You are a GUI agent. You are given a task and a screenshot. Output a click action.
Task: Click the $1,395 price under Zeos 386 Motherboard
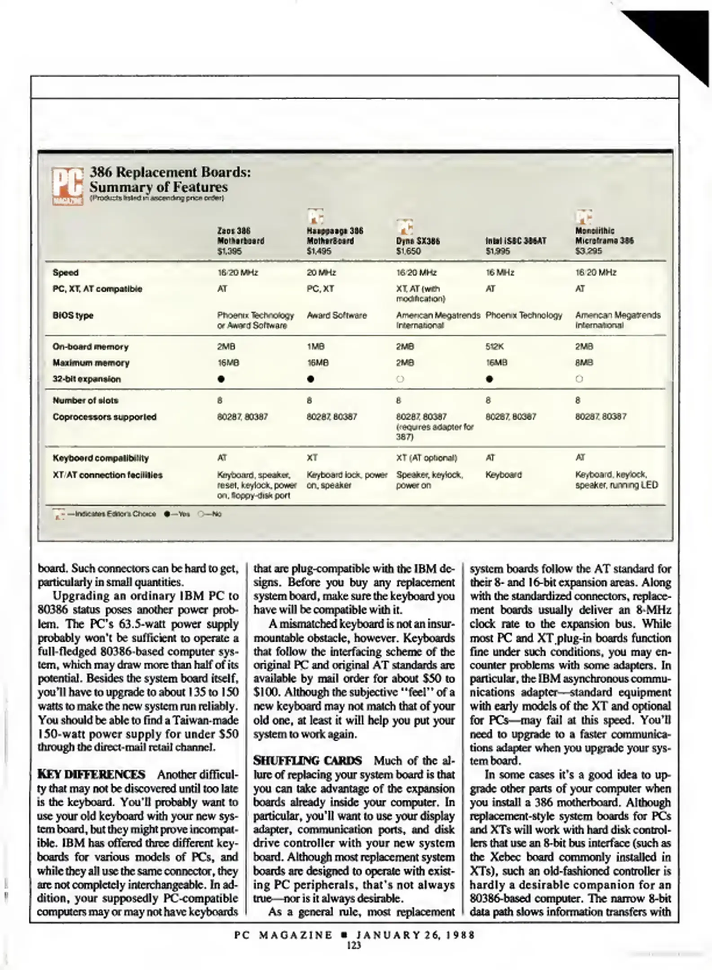(229, 251)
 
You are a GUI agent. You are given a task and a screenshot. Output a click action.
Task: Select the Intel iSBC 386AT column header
(516, 241)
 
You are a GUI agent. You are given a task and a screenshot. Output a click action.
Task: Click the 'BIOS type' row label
(73, 315)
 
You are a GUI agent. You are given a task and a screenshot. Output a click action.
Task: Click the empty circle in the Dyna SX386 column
(400, 379)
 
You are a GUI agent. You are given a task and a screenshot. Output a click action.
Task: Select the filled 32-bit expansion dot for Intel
(490, 379)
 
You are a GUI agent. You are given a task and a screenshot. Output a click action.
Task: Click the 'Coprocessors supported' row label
(104, 417)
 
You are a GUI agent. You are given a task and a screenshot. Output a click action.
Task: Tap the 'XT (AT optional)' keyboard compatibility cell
(426, 458)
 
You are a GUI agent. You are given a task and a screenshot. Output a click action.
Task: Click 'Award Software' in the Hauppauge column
(336, 315)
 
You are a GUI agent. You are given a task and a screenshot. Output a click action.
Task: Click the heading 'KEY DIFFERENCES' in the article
(91, 775)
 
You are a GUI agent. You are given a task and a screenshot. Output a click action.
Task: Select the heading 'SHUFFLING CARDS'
(307, 761)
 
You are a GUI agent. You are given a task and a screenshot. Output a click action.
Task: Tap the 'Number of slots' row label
(85, 400)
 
